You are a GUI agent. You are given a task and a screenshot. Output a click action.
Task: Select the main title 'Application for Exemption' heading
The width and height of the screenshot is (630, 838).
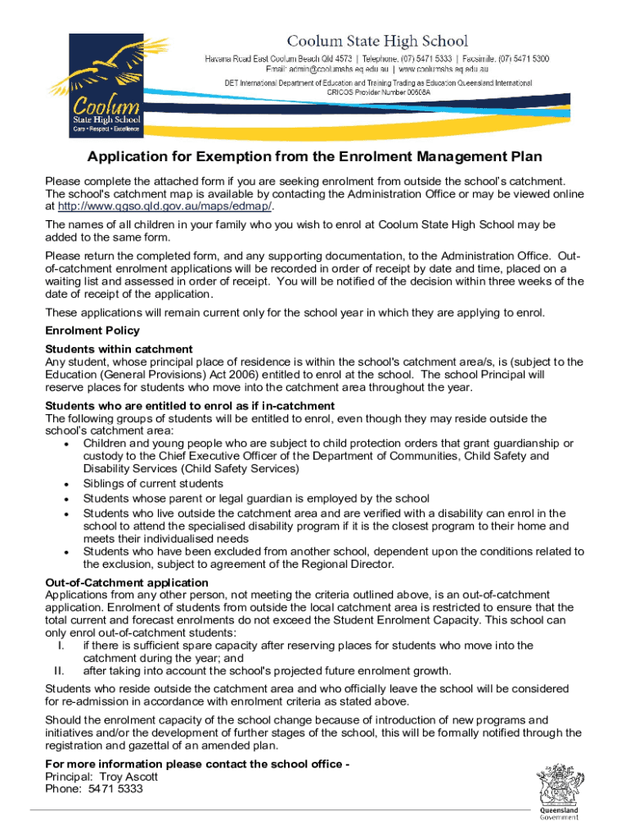point(315,157)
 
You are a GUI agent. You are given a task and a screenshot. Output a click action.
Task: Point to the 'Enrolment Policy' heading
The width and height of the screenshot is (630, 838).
point(92,331)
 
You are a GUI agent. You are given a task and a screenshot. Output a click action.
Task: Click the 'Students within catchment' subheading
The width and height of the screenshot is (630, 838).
point(119,349)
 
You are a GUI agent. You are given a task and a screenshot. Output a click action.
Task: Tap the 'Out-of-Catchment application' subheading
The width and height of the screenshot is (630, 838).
point(127,582)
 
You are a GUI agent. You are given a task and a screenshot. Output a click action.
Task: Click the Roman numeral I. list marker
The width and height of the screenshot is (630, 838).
point(61,646)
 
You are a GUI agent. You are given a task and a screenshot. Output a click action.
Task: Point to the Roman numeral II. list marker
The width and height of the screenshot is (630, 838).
point(58,671)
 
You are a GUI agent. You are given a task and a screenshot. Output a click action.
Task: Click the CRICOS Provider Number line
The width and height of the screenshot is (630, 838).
point(378,93)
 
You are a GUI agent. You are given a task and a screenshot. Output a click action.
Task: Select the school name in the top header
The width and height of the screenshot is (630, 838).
point(376,41)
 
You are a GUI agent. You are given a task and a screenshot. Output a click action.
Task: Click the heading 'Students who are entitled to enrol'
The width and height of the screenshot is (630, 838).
point(190,406)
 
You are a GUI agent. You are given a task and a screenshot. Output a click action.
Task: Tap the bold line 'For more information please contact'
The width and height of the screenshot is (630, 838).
point(197,764)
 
